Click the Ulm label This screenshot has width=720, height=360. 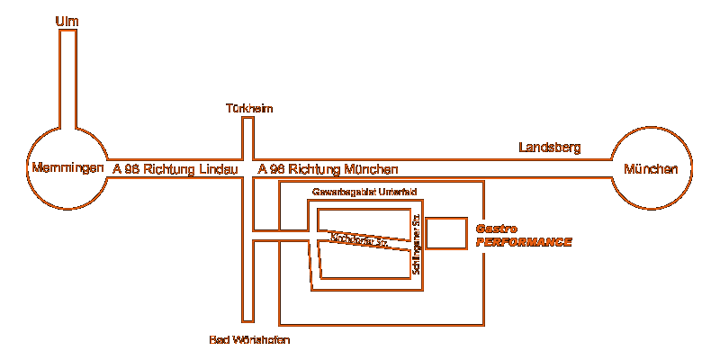(x=67, y=20)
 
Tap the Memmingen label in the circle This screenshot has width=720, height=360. (x=68, y=168)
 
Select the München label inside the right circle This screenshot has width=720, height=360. (x=651, y=169)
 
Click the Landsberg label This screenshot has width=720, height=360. (x=551, y=147)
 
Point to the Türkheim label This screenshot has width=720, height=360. (x=249, y=109)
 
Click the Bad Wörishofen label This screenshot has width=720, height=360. (x=249, y=339)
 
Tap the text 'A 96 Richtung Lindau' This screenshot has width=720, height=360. (x=175, y=169)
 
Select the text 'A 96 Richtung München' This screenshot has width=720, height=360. (x=328, y=169)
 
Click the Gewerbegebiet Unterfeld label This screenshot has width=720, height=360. (x=364, y=193)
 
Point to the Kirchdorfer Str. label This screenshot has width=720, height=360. (x=359, y=241)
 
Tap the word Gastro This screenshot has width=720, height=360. (x=496, y=229)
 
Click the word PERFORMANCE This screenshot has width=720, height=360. (x=524, y=242)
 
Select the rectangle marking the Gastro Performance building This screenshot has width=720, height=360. (x=446, y=233)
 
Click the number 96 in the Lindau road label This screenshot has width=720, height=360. (x=131, y=169)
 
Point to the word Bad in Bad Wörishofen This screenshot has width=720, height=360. (x=220, y=339)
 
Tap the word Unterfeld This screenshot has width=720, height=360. (x=397, y=193)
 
